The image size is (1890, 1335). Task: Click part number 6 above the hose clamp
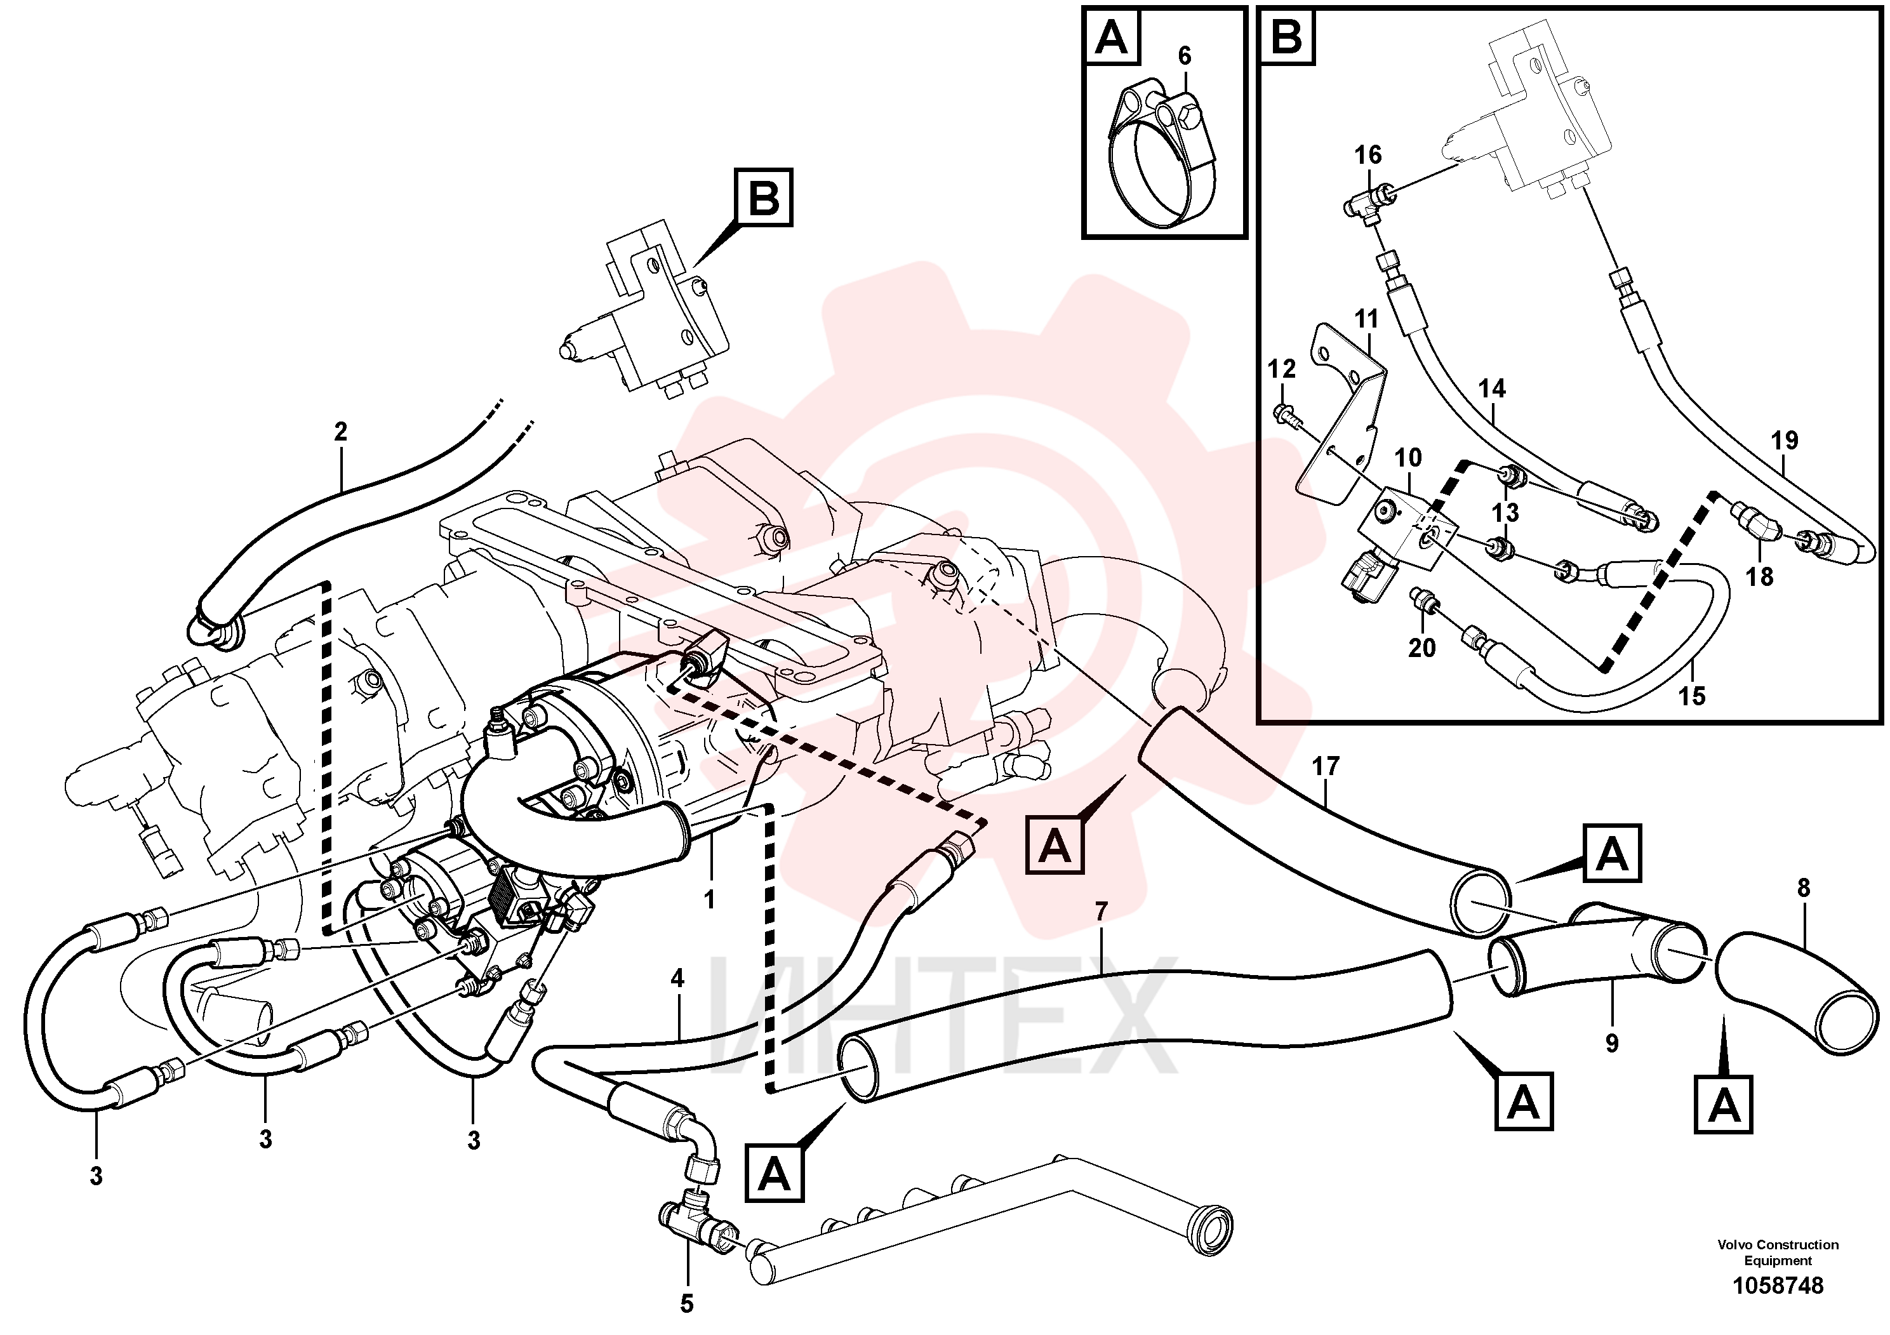[x=1185, y=56]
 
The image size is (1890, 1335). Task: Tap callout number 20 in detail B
[x=1421, y=648]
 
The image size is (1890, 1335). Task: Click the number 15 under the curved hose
[x=1692, y=696]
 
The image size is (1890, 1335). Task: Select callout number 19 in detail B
[x=1785, y=441]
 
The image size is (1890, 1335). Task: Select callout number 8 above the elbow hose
[x=1804, y=888]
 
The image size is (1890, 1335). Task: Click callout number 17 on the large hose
[x=1326, y=767]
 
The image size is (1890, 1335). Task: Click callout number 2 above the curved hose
[x=341, y=431]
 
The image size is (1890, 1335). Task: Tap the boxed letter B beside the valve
[x=765, y=197]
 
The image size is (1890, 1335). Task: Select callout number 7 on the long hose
[x=1101, y=911]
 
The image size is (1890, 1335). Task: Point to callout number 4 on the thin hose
[x=677, y=979]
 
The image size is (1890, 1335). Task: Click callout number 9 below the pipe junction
[x=1612, y=1044]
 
